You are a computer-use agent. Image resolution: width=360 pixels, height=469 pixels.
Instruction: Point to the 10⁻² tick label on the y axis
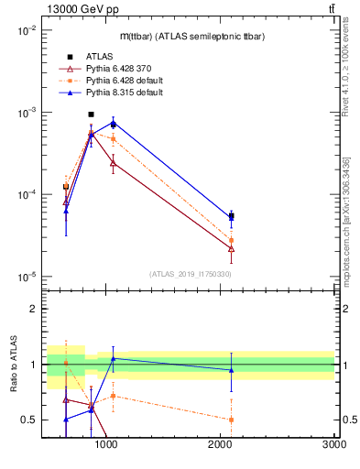point(25,30)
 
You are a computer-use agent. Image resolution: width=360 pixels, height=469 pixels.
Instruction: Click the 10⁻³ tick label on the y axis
point(25,112)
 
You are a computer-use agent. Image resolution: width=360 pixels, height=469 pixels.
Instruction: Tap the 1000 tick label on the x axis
point(106,445)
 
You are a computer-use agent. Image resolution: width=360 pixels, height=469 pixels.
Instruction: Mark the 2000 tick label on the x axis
point(221,445)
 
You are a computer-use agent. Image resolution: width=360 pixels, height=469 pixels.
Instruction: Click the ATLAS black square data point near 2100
point(231,216)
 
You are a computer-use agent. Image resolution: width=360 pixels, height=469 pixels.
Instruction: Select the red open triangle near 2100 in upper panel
point(231,248)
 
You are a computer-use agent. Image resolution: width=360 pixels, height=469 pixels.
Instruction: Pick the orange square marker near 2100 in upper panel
point(231,240)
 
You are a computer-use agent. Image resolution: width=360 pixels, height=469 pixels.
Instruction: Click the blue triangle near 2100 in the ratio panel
point(231,370)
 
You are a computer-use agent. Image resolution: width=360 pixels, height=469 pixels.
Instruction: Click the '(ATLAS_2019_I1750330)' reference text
point(191,273)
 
